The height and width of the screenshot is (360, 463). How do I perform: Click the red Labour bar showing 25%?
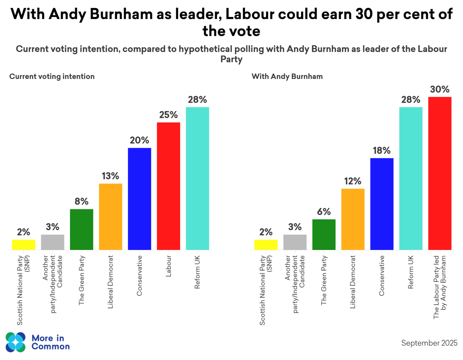tap(168, 186)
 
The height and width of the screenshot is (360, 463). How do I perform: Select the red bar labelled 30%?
tap(439, 174)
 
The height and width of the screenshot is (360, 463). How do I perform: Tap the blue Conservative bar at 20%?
tap(139, 199)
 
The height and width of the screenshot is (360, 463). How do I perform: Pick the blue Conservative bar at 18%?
tap(382, 204)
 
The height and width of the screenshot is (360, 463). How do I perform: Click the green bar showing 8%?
tap(81, 229)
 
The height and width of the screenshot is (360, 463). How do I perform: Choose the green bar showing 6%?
tap(324, 234)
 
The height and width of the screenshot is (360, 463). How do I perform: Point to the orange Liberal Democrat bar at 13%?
tap(110, 217)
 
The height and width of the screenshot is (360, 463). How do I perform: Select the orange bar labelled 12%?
tap(353, 219)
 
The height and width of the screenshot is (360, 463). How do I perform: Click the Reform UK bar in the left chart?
tap(197, 179)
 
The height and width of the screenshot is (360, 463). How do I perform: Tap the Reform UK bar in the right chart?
tap(410, 179)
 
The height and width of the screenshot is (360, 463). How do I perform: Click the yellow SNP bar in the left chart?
tap(24, 245)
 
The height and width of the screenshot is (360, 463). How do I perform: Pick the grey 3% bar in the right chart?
tap(295, 242)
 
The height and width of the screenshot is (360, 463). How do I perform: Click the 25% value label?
tap(168, 115)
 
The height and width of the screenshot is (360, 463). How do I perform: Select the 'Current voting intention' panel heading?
tap(52, 76)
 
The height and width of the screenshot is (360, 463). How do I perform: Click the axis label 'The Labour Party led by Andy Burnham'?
tap(440, 287)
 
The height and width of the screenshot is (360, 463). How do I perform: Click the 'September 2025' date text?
tap(429, 343)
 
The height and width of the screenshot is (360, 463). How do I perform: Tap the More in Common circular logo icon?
tap(16, 342)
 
